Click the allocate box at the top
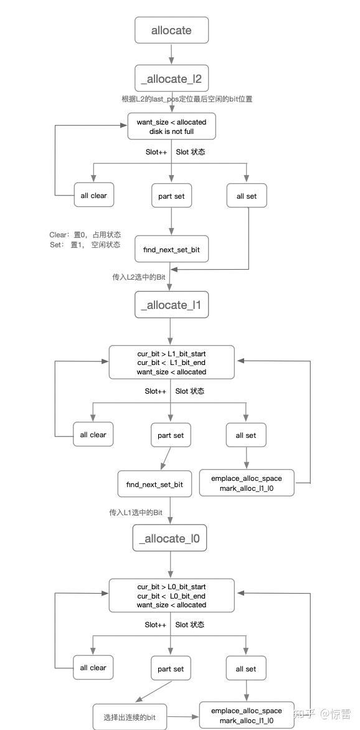click(x=171, y=30)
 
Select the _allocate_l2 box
click(x=171, y=78)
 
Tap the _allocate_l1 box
click(x=171, y=305)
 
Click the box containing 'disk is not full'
click(x=171, y=126)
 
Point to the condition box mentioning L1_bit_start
click(x=171, y=363)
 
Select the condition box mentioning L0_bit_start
click(x=171, y=595)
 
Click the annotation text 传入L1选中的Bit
click(x=136, y=512)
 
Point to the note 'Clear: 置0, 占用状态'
click(x=85, y=235)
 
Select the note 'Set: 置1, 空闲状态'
click(x=85, y=245)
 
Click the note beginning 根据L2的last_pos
click(x=187, y=99)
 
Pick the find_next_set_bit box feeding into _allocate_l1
click(x=171, y=250)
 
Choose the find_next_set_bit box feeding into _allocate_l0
click(x=154, y=484)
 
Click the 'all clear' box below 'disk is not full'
click(x=93, y=196)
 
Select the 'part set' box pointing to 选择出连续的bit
click(x=171, y=668)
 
